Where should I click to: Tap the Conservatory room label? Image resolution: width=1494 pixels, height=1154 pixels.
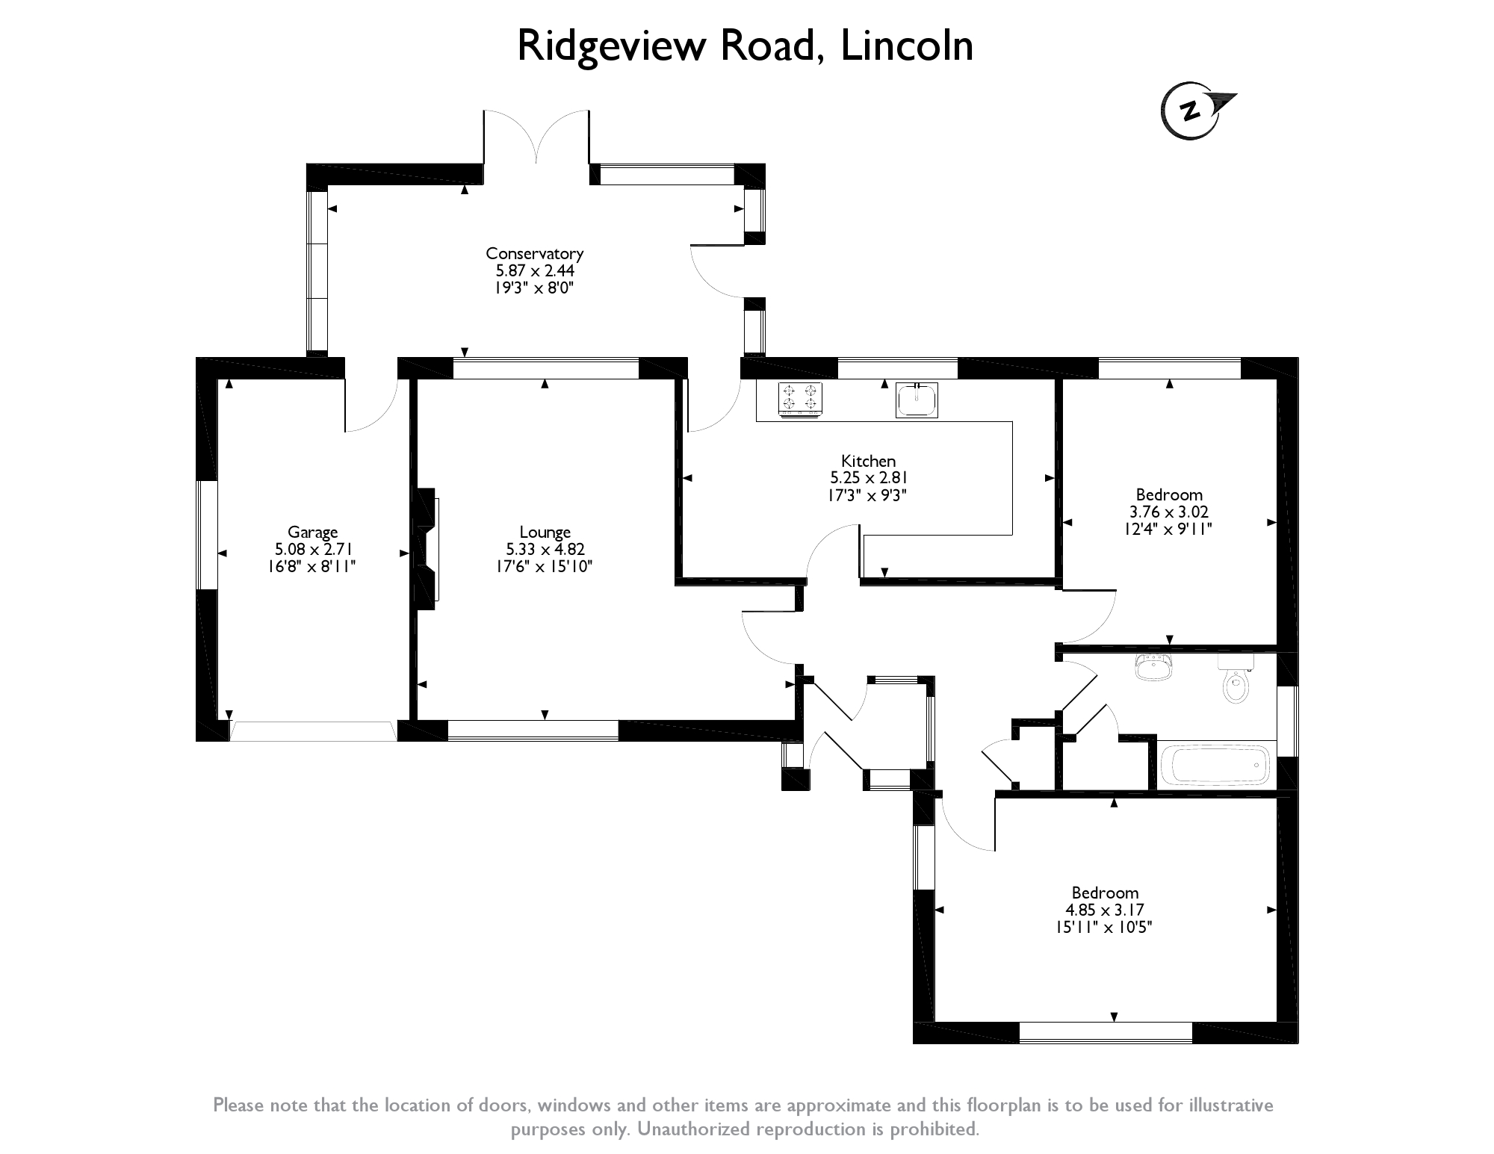tap(534, 253)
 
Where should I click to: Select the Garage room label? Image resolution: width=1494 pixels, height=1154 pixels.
tap(312, 533)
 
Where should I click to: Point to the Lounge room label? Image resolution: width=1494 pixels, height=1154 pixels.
tap(545, 533)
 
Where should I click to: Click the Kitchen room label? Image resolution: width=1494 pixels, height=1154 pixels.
tap(868, 461)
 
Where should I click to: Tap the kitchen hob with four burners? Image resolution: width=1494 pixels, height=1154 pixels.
tap(800, 398)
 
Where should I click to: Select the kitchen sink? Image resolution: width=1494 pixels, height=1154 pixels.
tap(917, 399)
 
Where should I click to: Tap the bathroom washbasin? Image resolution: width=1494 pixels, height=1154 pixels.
tap(1153, 667)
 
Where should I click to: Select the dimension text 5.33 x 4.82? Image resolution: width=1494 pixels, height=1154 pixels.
tap(545, 550)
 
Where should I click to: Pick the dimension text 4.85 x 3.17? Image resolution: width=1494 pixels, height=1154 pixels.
tap(1105, 910)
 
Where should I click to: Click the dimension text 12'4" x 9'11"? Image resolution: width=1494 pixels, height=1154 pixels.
tap(1169, 530)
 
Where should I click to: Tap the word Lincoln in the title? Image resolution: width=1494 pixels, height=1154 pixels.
tap(907, 46)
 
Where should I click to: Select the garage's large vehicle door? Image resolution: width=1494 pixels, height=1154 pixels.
tap(312, 730)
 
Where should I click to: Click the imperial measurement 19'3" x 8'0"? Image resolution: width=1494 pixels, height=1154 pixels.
tap(534, 288)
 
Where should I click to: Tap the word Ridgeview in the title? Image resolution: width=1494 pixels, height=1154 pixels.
tap(612, 46)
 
